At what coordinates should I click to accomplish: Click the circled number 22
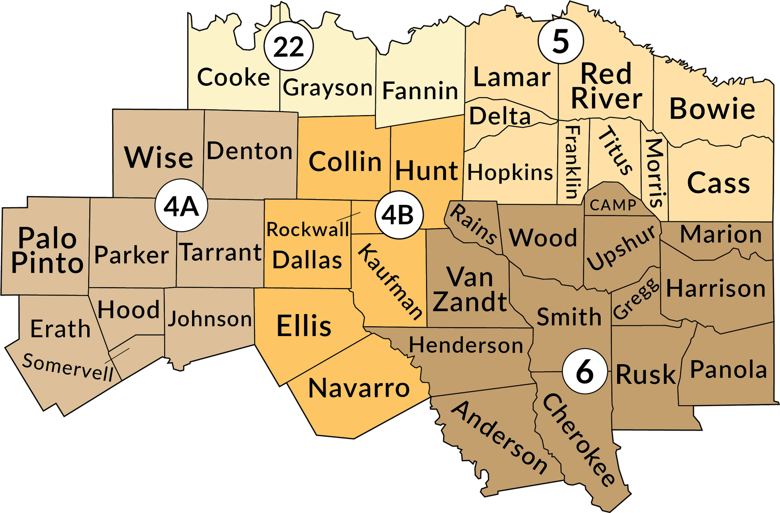(x=289, y=47)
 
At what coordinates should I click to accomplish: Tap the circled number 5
(x=561, y=41)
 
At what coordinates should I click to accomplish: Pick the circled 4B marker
(x=398, y=215)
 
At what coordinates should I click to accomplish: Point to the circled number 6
(x=585, y=372)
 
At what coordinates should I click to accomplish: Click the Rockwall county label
(x=308, y=229)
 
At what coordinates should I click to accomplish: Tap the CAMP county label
(x=613, y=205)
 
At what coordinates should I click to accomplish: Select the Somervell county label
(x=68, y=367)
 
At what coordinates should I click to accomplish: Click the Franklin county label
(x=572, y=162)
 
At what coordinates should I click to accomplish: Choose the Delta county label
(x=500, y=116)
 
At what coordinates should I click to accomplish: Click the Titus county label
(x=616, y=150)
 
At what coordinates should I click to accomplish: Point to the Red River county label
(x=606, y=86)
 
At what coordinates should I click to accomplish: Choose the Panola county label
(x=728, y=370)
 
